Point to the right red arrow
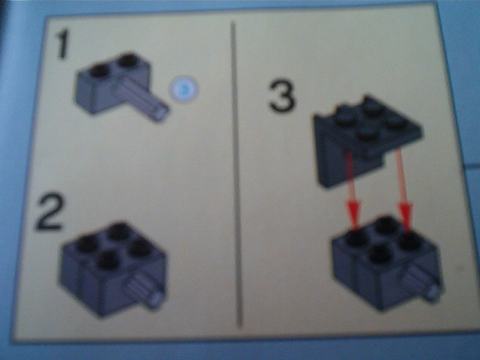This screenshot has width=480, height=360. click(404, 187)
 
